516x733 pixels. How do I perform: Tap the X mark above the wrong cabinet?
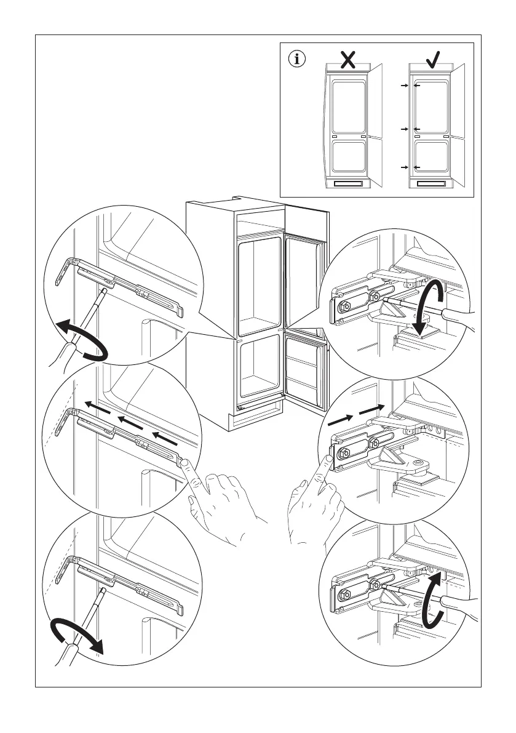point(348,59)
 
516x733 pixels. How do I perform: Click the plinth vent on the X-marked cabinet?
point(348,183)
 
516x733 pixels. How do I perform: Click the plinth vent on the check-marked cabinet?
point(432,183)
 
